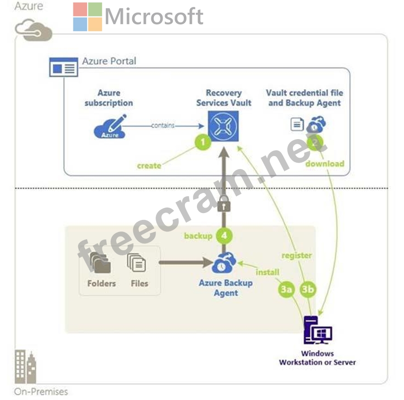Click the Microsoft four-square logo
87,17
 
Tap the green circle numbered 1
203,142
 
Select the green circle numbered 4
224,236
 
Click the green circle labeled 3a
286,290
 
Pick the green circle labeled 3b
308,290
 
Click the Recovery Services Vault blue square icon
224,124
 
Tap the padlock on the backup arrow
224,204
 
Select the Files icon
137,263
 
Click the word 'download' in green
325,163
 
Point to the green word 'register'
297,255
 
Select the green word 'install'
267,272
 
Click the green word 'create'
149,165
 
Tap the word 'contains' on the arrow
163,125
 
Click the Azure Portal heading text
109,61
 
